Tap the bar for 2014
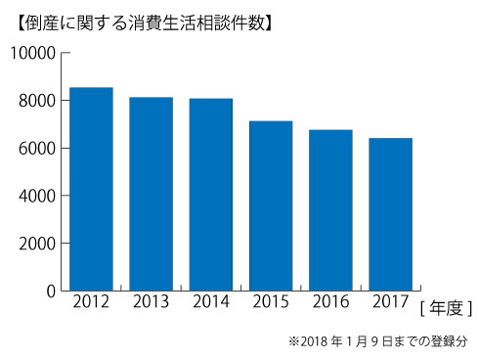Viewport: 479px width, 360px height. (x=211, y=195)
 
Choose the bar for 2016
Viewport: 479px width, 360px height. (x=330, y=210)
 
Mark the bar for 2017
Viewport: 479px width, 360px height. (x=390, y=214)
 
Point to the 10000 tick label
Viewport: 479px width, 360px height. (x=31, y=53)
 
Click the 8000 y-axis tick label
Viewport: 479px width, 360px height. (x=36, y=101)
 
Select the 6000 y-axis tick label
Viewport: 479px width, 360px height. (x=36, y=148)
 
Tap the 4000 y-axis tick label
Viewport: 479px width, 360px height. (x=36, y=196)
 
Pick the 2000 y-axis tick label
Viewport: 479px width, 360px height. (x=36, y=243)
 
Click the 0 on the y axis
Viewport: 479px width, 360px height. (x=50, y=291)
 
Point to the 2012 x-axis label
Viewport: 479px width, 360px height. (x=91, y=304)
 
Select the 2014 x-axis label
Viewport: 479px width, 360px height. (x=211, y=304)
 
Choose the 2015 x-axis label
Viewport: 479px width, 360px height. (x=271, y=304)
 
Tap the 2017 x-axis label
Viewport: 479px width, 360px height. (x=390, y=304)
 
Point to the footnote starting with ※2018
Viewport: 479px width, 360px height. (x=377, y=341)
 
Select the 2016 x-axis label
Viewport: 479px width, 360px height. (x=330, y=304)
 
